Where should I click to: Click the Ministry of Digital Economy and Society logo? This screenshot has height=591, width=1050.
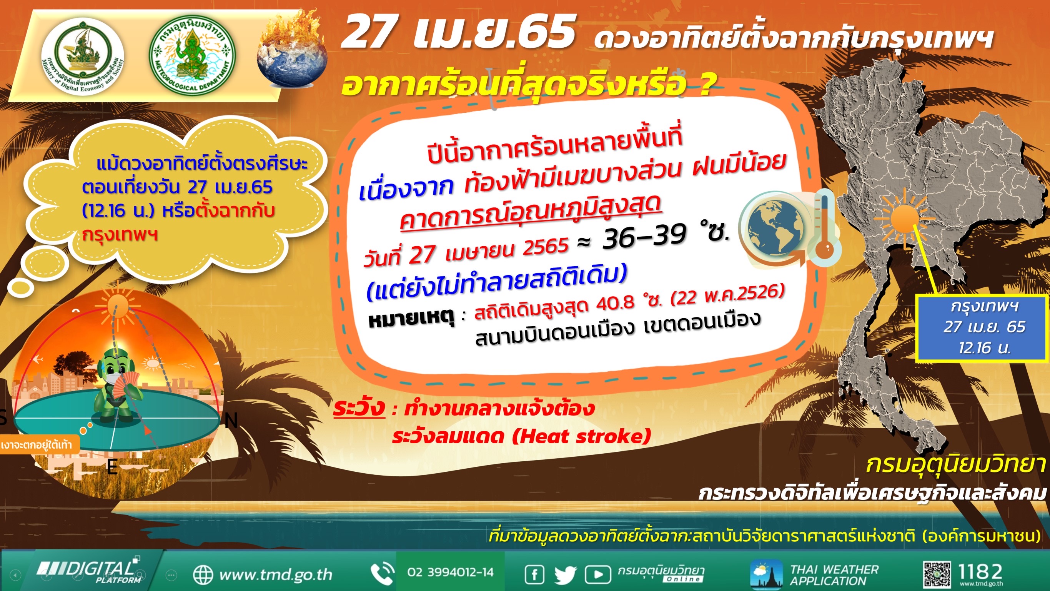point(83,57)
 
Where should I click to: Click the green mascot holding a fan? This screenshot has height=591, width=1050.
point(118,386)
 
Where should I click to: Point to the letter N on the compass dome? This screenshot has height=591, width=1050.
point(231,421)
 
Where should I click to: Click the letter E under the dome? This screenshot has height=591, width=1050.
point(112,467)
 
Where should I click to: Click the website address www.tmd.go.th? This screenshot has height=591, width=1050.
point(276,575)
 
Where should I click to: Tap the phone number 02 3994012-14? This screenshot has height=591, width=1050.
point(450,572)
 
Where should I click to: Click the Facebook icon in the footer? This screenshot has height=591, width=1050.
point(534,575)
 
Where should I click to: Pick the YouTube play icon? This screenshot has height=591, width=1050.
point(597,575)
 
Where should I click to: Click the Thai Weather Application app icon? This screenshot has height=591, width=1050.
point(766,575)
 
